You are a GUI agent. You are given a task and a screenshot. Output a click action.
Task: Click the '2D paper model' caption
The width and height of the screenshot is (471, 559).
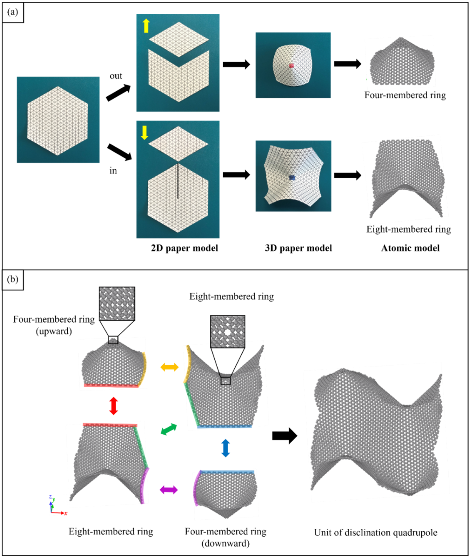(x=185, y=248)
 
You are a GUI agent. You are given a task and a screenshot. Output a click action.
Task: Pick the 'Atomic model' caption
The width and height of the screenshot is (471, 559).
(x=410, y=248)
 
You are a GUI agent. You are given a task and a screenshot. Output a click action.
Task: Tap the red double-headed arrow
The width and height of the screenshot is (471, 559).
(x=114, y=405)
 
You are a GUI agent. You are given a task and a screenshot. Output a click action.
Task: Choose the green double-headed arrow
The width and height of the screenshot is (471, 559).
(x=169, y=429)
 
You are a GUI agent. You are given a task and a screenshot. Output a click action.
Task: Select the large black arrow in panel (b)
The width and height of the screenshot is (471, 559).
(x=284, y=436)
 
